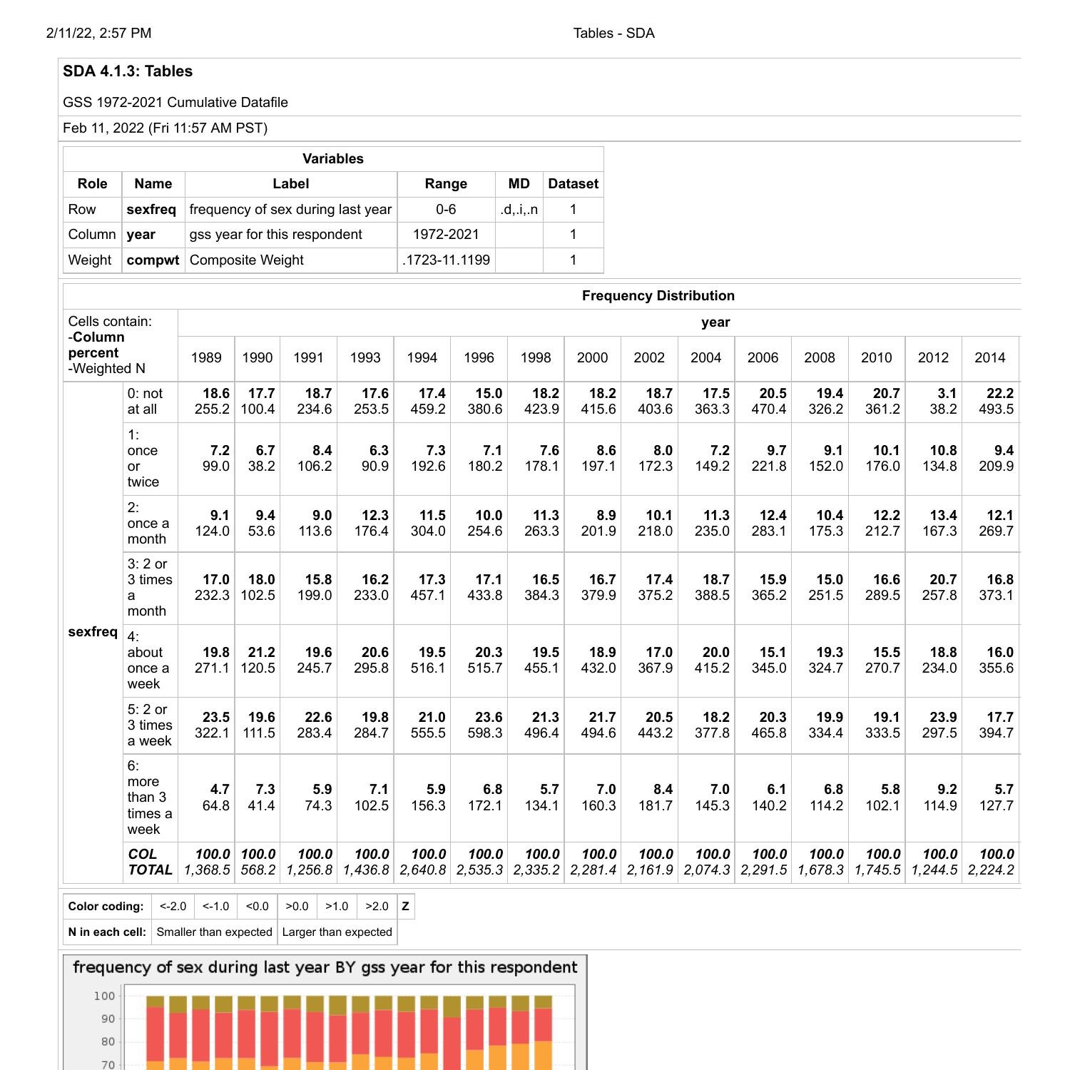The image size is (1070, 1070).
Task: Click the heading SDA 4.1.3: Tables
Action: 128,71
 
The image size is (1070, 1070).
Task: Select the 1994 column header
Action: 422,357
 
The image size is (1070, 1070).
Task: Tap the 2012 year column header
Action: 933,357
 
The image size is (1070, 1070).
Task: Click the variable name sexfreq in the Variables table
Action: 151,210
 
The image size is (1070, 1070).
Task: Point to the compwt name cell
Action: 153,260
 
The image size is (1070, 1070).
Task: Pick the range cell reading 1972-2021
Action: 446,235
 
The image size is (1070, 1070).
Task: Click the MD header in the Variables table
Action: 519,184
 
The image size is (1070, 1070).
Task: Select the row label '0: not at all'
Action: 145,402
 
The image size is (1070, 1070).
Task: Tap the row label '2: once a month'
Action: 148,523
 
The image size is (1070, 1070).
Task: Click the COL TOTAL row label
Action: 150,862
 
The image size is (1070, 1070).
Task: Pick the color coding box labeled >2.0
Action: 377,907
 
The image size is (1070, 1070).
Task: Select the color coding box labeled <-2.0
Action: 173,907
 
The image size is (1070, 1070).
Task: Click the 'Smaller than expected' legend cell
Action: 214,932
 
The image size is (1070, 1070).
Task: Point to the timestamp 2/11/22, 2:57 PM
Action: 98,34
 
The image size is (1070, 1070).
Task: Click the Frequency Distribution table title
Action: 658,296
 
